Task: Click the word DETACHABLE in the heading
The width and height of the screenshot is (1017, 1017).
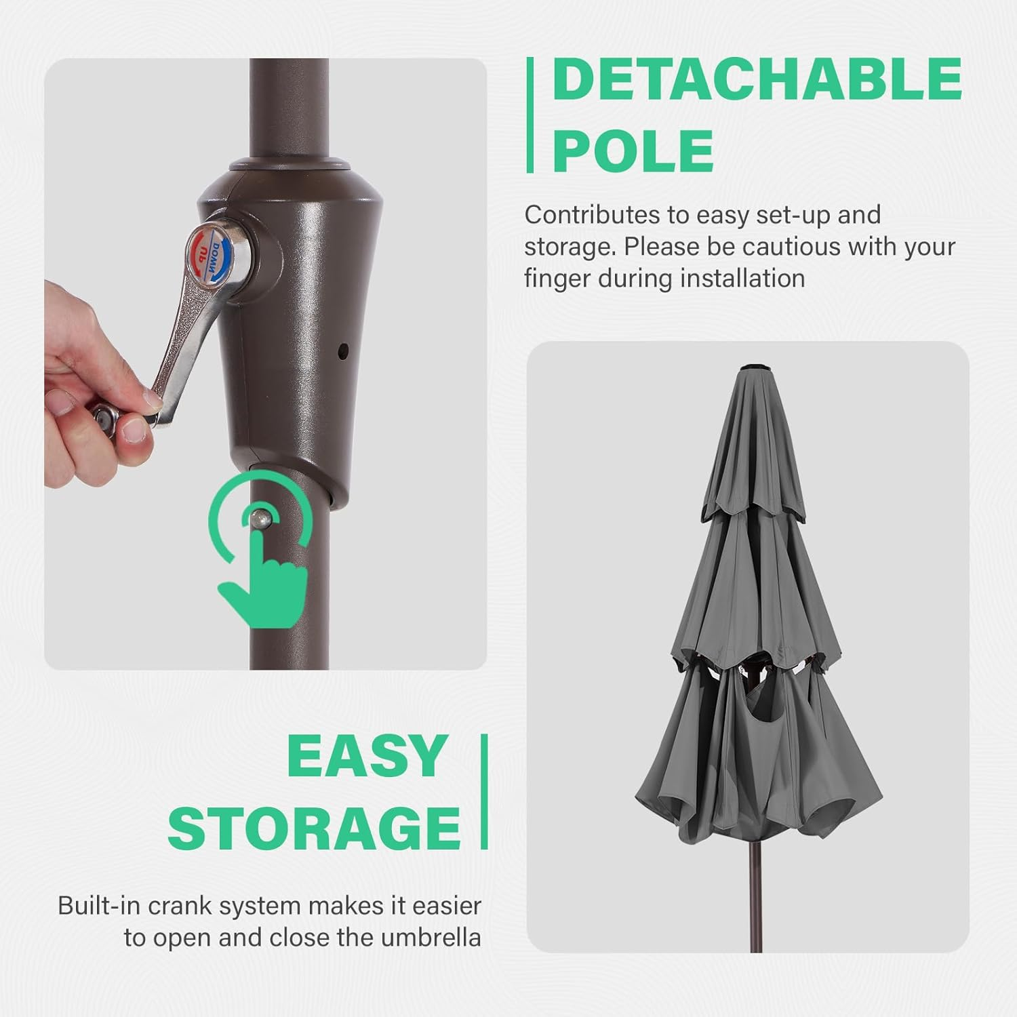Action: click(x=757, y=79)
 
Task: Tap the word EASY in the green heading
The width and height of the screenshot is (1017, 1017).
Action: click(x=366, y=756)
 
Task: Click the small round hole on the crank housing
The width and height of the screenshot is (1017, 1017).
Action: click(x=342, y=351)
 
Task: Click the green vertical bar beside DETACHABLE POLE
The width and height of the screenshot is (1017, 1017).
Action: click(x=530, y=115)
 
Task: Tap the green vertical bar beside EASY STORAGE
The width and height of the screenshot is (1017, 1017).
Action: click(x=484, y=792)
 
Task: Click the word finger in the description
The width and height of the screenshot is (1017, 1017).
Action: click(x=557, y=279)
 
